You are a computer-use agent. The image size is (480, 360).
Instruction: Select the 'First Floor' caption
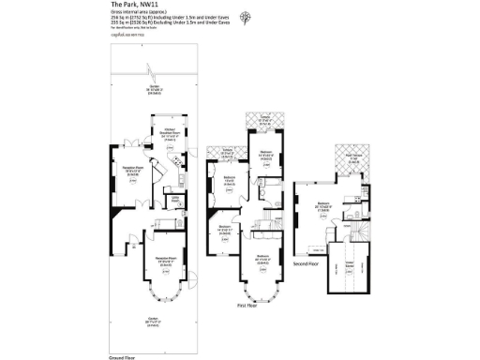coord(248,305)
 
